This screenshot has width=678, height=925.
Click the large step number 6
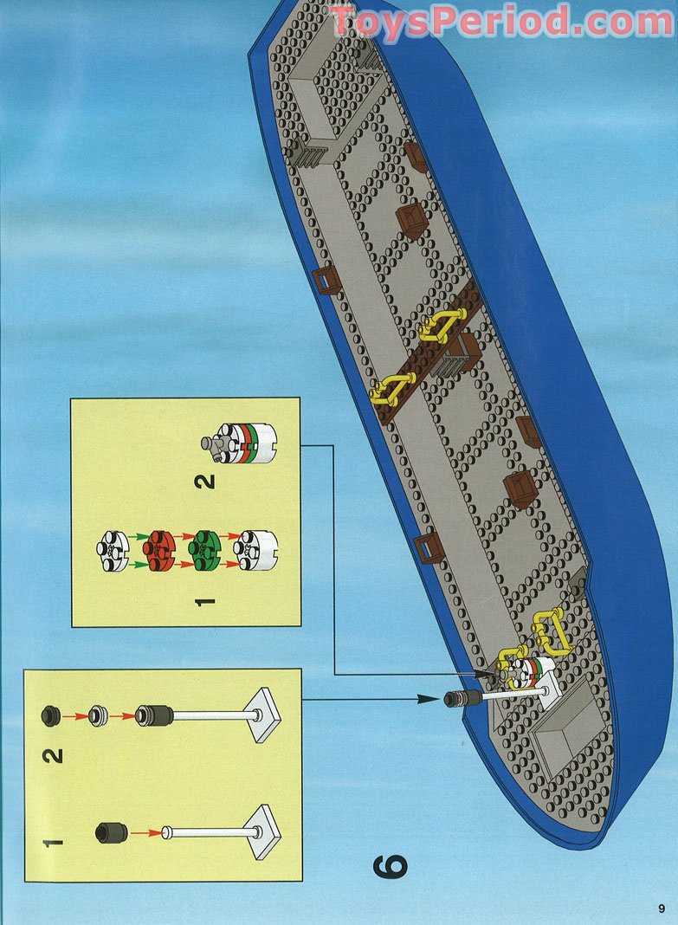[x=390, y=865]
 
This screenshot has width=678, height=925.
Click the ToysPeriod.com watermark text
[x=501, y=22]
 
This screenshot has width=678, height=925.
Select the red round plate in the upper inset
[x=160, y=550]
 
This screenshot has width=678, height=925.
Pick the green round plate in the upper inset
[x=204, y=550]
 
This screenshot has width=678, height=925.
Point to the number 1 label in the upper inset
[x=204, y=602]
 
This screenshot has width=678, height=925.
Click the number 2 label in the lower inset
[x=53, y=756]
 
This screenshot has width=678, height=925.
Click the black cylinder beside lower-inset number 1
[x=112, y=832]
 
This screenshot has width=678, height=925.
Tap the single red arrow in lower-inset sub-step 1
[x=145, y=833]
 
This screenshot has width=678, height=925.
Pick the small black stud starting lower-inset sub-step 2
[x=51, y=715]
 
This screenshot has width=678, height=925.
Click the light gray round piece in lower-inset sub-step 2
[x=99, y=716]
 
